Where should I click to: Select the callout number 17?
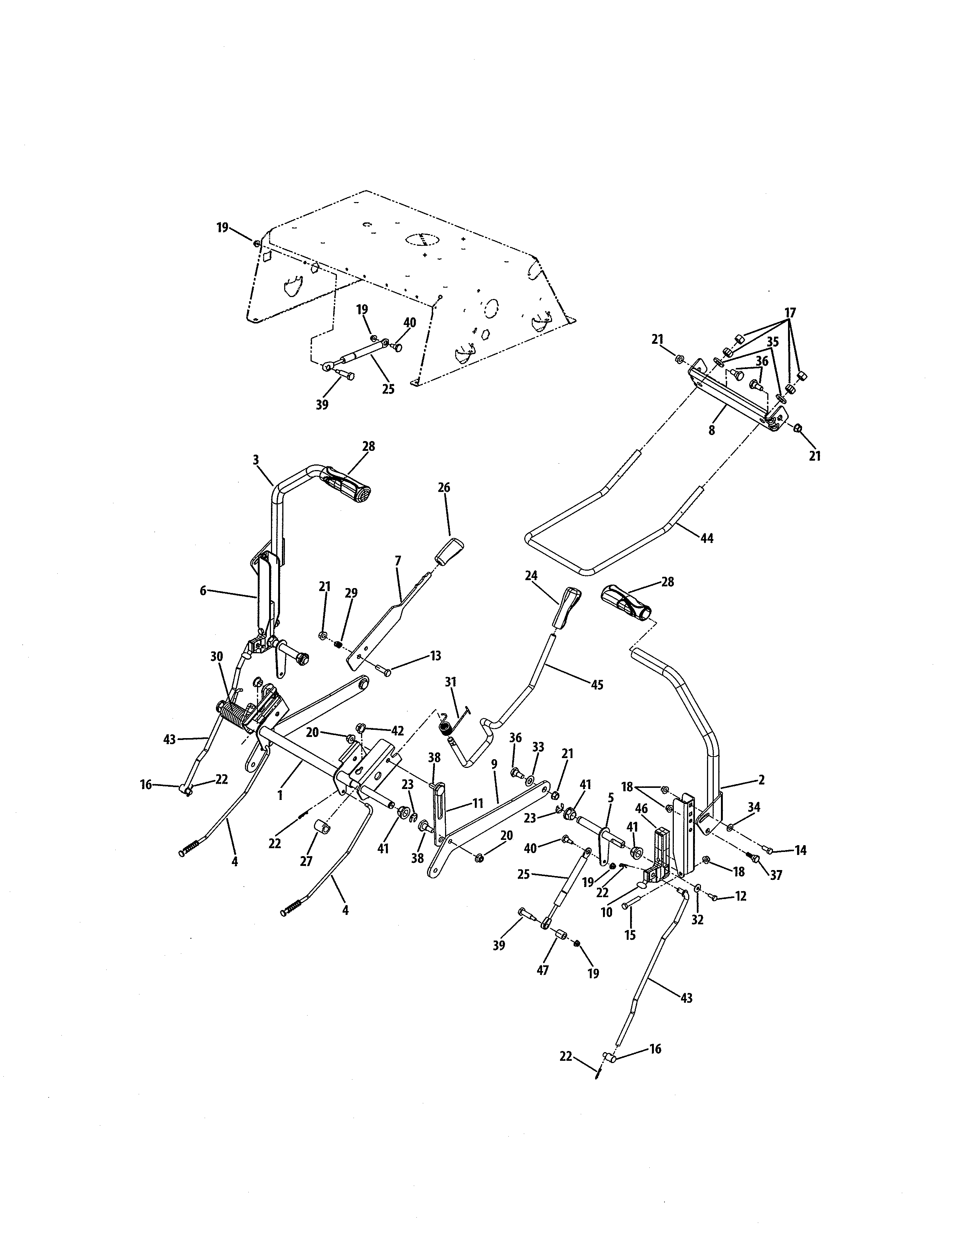790,313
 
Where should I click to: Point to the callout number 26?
444,487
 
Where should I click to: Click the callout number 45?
596,685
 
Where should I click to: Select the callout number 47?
543,970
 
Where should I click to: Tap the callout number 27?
306,861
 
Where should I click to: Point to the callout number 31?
450,682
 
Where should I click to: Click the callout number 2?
762,780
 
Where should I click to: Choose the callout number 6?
203,591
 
